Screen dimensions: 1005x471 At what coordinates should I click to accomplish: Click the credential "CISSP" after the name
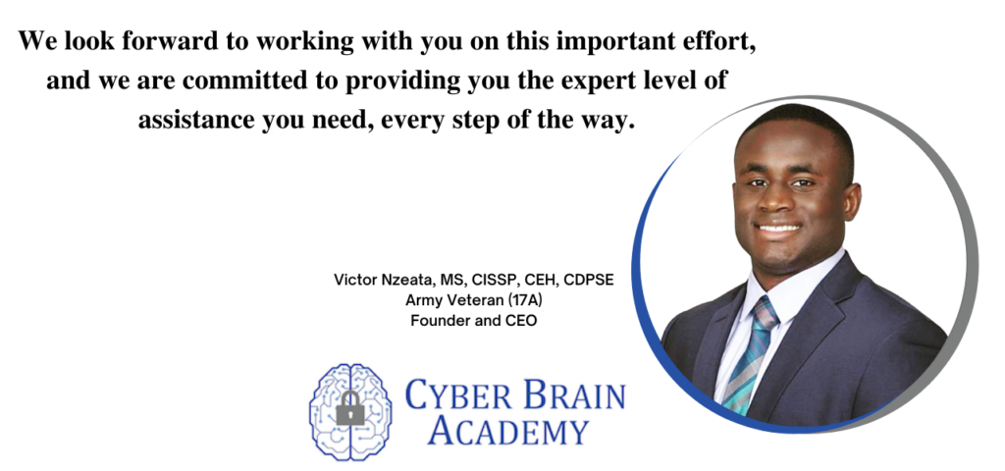[487, 280]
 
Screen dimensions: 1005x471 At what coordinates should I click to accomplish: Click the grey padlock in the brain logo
[349, 408]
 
